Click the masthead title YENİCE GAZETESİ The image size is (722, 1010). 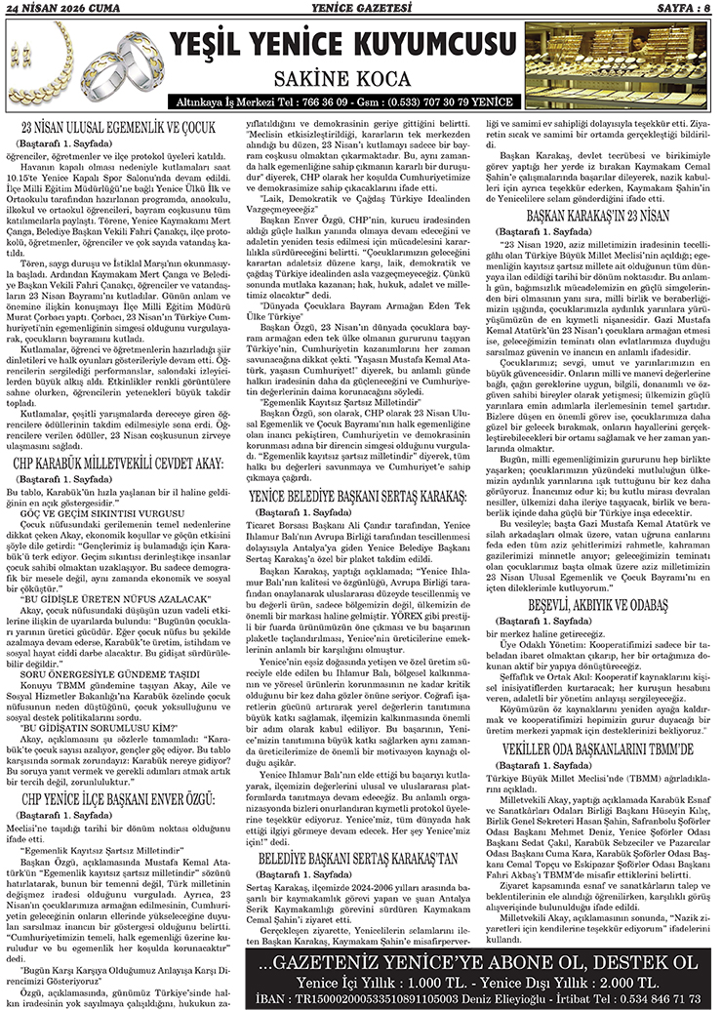pos(362,8)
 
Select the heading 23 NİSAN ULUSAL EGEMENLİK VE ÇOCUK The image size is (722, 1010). pos(124,127)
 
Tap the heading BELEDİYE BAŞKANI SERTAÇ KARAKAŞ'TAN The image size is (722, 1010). pos(361,859)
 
